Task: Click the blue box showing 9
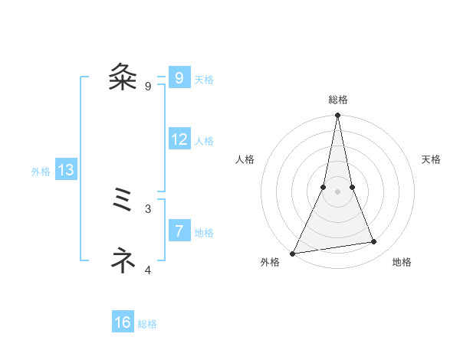(179, 77)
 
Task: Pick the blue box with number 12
(179, 139)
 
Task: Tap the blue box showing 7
(179, 231)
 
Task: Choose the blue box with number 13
(66, 170)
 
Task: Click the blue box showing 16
(123, 322)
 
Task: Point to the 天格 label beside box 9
(204, 80)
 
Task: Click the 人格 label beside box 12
(204, 141)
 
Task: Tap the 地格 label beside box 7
(204, 233)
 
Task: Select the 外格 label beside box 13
(41, 172)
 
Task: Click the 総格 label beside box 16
(147, 325)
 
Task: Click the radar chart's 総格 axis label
(337, 100)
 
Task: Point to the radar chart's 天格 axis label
(432, 159)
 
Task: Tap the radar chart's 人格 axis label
(245, 159)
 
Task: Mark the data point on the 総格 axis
(337, 116)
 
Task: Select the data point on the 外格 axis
(293, 253)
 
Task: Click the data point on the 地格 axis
(374, 242)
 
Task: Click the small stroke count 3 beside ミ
(148, 208)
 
